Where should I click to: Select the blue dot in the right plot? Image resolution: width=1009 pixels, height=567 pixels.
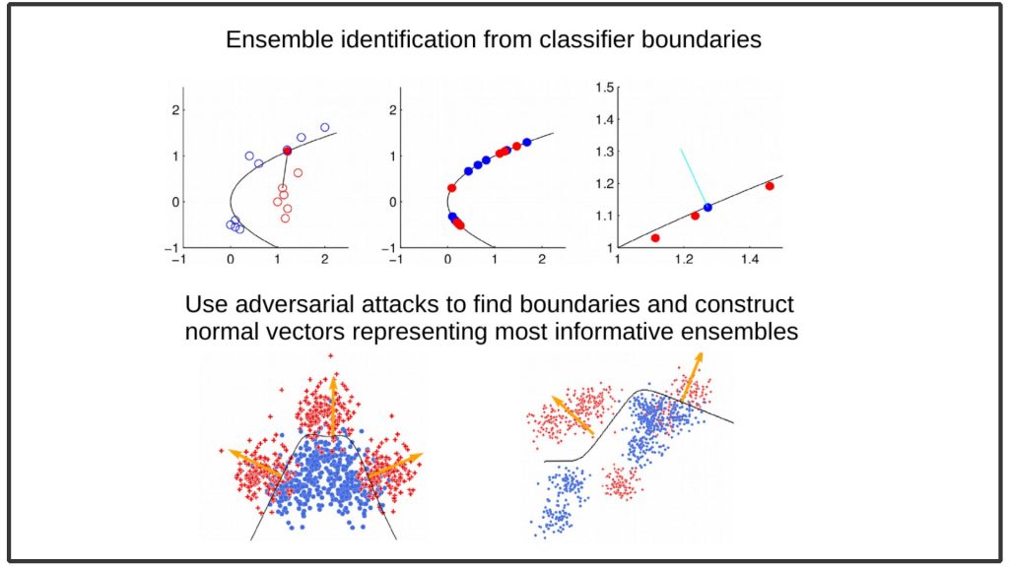coord(707,208)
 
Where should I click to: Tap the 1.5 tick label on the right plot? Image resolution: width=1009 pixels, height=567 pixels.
coord(604,88)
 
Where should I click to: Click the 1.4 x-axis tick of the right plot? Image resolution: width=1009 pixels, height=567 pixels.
coord(750,260)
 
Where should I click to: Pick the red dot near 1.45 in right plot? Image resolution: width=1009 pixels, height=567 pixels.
coord(770,186)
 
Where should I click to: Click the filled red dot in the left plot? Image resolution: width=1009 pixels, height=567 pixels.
coord(287,151)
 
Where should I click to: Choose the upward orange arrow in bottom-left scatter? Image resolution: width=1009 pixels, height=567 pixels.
coord(333,407)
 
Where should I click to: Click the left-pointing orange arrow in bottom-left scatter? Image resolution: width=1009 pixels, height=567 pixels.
coord(256,463)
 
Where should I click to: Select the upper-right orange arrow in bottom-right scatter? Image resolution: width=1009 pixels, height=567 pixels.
coord(692,376)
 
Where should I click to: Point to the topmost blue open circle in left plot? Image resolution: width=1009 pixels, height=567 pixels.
coord(325,127)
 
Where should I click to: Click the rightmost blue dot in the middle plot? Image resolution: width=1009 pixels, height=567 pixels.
coord(527,142)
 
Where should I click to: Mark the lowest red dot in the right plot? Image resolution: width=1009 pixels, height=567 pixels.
coord(655,238)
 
